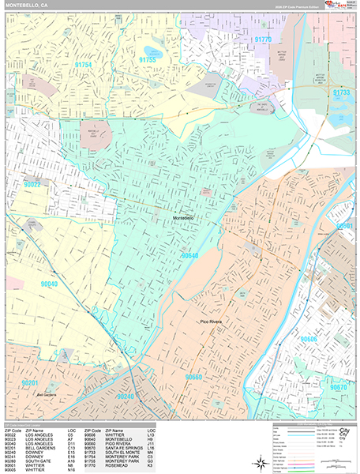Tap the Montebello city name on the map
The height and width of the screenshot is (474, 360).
click(x=184, y=217)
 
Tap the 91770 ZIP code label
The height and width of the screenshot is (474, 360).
click(x=262, y=39)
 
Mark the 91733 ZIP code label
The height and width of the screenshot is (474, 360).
click(x=342, y=92)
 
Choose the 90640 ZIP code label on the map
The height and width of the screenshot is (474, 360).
click(x=190, y=256)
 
